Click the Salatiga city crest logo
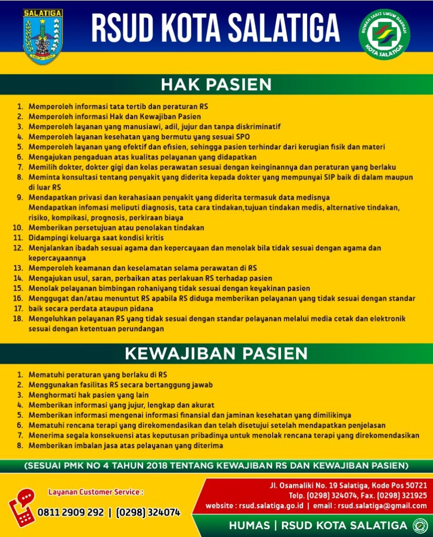(43, 36)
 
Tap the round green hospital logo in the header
(384, 35)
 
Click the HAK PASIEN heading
(216, 84)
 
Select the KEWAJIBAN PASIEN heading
(216, 353)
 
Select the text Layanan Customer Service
(95, 492)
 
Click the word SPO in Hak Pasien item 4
(243, 136)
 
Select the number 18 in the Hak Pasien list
(18, 319)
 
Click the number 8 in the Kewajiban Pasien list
(20, 446)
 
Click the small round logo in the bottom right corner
(420, 525)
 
